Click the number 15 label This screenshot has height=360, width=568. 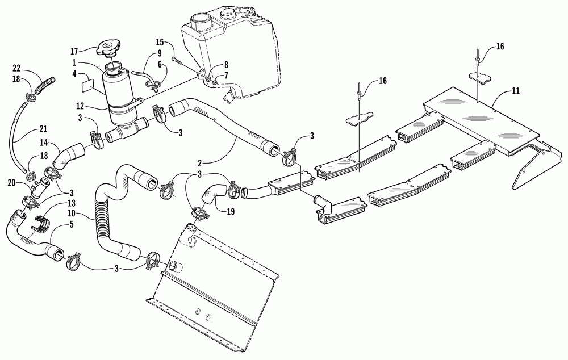[x=160, y=42]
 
